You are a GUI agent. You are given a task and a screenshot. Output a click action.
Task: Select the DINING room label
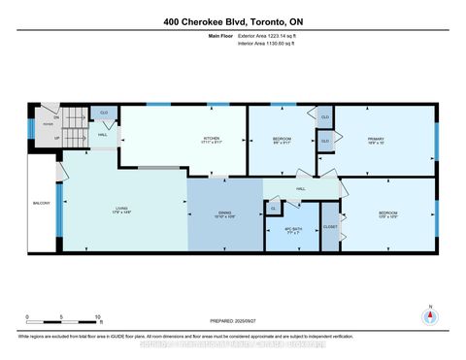224,214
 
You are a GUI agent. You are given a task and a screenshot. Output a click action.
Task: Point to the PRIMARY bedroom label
376,141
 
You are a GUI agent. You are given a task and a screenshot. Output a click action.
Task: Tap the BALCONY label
42,203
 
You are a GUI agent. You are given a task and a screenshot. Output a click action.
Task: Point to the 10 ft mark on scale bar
98,317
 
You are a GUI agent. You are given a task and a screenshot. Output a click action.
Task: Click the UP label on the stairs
56,137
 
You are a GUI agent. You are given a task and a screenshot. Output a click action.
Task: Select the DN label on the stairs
56,116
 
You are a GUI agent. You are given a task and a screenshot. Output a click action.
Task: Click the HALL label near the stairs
102,135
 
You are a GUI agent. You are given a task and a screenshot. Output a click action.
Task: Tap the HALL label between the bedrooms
301,188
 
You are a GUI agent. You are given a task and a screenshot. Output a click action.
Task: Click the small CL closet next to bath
274,208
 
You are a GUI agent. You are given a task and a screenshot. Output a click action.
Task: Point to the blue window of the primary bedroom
436,140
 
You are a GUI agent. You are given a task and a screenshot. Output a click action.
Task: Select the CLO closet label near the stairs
105,113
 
